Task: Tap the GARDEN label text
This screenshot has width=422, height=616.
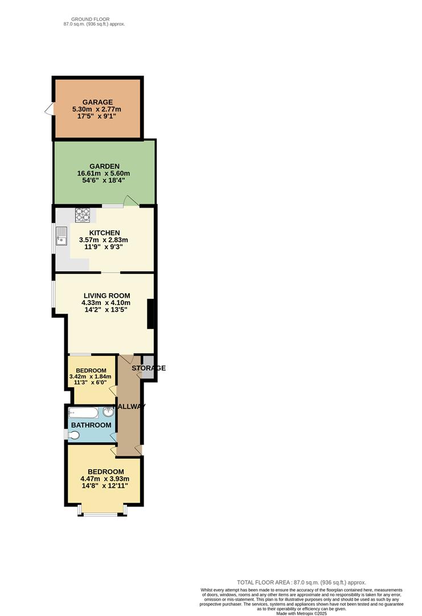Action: [x=104, y=166]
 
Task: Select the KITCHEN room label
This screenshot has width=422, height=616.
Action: [x=104, y=233]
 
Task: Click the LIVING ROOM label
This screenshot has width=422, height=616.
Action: [x=103, y=295]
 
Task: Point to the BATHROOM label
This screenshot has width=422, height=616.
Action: [x=91, y=425]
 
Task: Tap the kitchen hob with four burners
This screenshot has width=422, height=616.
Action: [x=83, y=215]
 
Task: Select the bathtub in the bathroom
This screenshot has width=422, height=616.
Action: [x=83, y=412]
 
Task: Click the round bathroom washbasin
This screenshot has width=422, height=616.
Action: [x=108, y=412]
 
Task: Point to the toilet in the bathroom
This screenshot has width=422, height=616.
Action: [x=73, y=435]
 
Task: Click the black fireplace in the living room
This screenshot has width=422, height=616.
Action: [x=150, y=314]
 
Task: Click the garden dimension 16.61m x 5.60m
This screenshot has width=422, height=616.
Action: [x=104, y=173]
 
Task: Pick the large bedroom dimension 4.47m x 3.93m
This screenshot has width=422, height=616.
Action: [x=105, y=479]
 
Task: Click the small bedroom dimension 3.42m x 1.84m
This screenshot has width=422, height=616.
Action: [x=91, y=376]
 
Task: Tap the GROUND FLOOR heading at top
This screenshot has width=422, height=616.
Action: [x=94, y=19]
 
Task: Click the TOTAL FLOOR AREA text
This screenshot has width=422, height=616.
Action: [x=301, y=582]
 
